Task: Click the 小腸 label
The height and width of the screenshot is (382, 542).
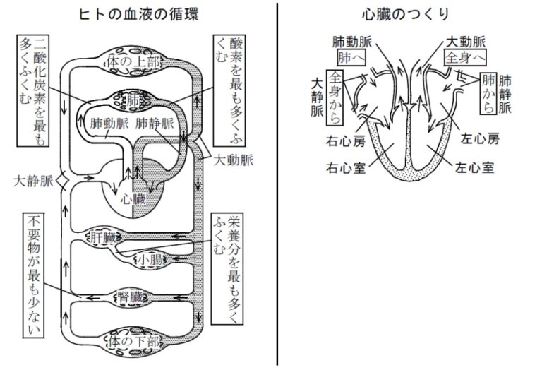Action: [149, 260]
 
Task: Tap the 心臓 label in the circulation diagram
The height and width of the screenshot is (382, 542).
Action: [134, 198]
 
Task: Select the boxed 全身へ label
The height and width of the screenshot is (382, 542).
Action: [462, 55]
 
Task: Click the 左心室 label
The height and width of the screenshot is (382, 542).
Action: [473, 169]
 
